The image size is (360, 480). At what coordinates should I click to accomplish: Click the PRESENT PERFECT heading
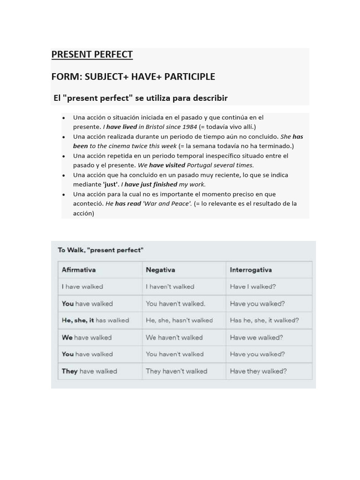pyautogui.click(x=92, y=54)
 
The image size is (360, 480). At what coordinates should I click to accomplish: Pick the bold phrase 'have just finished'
pyautogui.click(x=150, y=185)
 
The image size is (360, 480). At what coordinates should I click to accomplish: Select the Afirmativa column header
pyautogui.click(x=79, y=270)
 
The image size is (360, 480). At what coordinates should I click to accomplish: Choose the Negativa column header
pyautogui.click(x=160, y=270)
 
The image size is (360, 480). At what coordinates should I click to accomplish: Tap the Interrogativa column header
pyautogui.click(x=251, y=270)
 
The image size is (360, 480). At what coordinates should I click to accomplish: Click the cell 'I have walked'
pyautogui.click(x=82, y=287)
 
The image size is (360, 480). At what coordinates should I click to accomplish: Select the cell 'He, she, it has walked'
pyautogui.click(x=95, y=321)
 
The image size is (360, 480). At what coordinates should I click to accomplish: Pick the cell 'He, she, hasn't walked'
pyautogui.click(x=179, y=321)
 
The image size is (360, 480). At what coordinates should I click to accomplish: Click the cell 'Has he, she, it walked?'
pyautogui.click(x=264, y=321)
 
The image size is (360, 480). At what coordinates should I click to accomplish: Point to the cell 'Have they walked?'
pyautogui.click(x=258, y=371)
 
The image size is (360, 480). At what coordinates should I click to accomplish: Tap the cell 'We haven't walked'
pyautogui.click(x=174, y=337)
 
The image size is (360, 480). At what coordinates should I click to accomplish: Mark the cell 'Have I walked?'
pyautogui.click(x=253, y=287)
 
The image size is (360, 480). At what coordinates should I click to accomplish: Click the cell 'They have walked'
pyautogui.click(x=90, y=371)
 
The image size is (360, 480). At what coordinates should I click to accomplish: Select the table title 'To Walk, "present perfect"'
pyautogui.click(x=100, y=250)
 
